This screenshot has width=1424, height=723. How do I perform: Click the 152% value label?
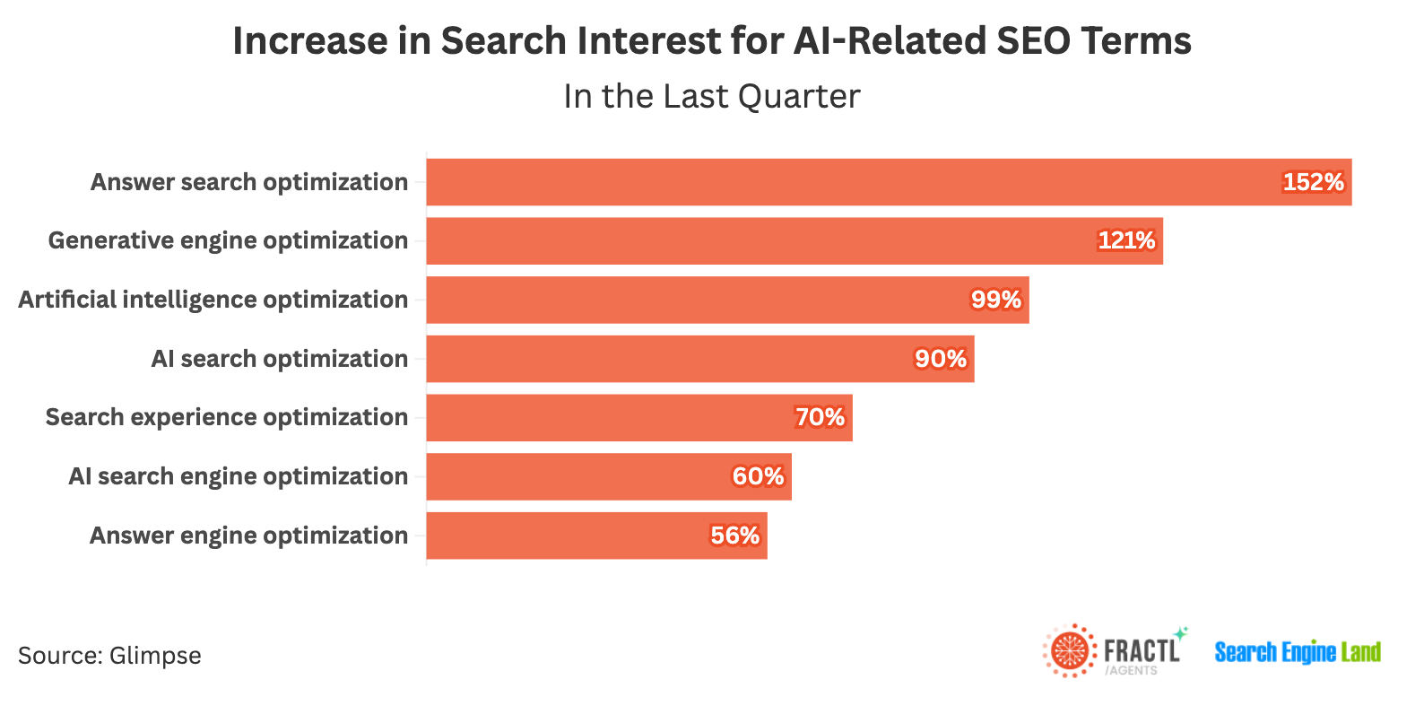coord(1313,182)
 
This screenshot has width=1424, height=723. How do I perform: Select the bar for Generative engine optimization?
coord(762,241)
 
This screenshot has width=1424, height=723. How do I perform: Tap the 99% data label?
coord(996,300)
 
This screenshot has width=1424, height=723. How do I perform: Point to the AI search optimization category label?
coord(279,359)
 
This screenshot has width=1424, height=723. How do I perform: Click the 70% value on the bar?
coord(820,417)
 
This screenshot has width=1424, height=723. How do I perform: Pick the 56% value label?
coord(734,536)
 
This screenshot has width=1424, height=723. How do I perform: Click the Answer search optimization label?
coord(248,182)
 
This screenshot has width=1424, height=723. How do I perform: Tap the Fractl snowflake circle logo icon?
coord(1069,650)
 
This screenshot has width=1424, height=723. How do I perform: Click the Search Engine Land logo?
coord(1297,652)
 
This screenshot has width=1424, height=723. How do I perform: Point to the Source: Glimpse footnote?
coord(109,656)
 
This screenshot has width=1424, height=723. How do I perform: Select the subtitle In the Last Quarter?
coord(711,97)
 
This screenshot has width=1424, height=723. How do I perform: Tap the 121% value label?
coord(1126,240)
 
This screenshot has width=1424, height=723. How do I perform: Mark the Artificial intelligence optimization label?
coord(213,300)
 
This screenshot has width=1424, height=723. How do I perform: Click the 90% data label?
coord(940,359)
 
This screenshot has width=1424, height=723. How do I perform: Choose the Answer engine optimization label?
coord(248,536)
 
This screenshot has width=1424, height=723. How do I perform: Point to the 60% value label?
coord(758,476)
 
